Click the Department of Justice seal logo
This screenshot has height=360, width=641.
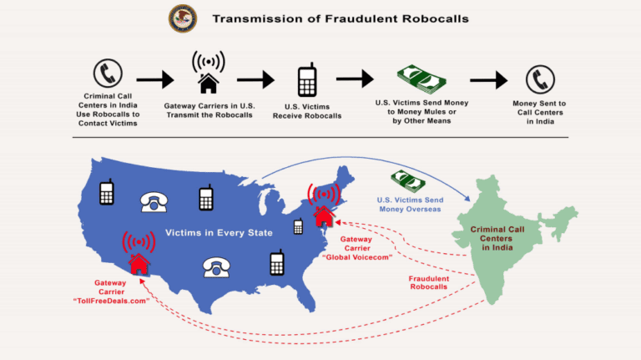click(183, 18)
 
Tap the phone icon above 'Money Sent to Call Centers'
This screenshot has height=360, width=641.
click(539, 79)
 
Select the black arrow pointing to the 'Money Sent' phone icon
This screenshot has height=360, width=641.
click(488, 80)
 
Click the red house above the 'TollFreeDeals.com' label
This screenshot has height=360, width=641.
click(139, 263)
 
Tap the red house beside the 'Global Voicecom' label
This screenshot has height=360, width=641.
click(323, 215)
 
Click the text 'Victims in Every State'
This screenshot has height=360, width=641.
click(218, 232)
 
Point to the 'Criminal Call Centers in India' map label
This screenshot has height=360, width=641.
click(502, 238)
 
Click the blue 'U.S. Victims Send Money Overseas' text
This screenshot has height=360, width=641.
click(409, 205)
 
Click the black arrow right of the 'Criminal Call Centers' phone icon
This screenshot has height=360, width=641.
click(154, 80)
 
